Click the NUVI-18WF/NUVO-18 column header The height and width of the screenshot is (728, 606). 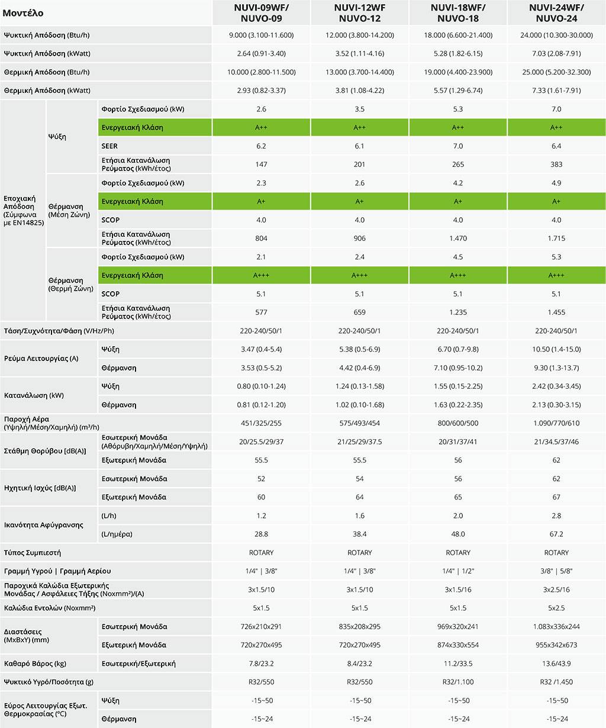point(458,12)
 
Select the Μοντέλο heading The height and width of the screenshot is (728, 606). point(23,13)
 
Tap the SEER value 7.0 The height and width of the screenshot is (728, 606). point(458,146)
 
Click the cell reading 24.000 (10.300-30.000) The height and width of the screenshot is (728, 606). point(556,36)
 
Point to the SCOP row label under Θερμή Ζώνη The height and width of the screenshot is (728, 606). point(111,294)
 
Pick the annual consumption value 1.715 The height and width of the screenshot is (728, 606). point(556,239)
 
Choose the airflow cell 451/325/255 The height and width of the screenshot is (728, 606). point(261,423)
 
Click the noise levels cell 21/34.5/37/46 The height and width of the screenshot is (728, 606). point(556,442)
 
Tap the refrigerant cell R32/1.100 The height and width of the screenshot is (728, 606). point(458,682)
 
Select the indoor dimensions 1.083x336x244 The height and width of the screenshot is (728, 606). point(556,627)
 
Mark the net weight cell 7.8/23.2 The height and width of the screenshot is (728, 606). point(261,663)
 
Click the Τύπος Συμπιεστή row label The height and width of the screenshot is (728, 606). point(33,553)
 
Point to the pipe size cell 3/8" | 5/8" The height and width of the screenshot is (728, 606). point(556,571)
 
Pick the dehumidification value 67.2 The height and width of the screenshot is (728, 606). point(556,534)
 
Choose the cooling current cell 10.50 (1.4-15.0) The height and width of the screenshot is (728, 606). point(556,350)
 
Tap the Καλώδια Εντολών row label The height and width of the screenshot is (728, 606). point(50,608)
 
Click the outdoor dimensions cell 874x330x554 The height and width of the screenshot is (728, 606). point(458,645)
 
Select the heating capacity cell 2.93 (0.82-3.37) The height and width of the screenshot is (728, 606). point(261,91)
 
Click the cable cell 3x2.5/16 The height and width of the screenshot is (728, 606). point(556,590)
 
